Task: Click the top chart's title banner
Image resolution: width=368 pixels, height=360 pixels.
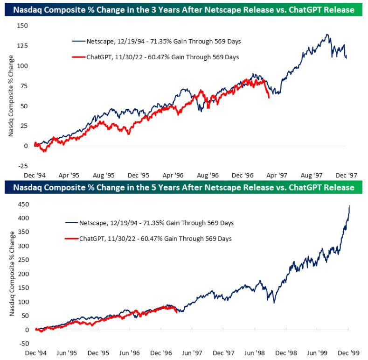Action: pyautogui.click(x=184, y=9)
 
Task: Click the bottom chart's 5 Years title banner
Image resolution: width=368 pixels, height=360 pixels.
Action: pyautogui.click(x=184, y=188)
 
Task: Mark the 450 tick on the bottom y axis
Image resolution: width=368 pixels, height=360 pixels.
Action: pyautogui.click(x=22, y=204)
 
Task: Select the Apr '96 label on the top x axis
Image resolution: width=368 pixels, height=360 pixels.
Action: pyautogui.click(x=173, y=175)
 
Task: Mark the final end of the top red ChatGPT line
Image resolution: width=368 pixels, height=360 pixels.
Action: pyautogui.click(x=269, y=98)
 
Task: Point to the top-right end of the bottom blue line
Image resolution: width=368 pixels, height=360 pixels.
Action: pyautogui.click(x=349, y=206)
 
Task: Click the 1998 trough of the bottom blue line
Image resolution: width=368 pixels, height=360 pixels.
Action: pyautogui.click(x=274, y=303)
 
